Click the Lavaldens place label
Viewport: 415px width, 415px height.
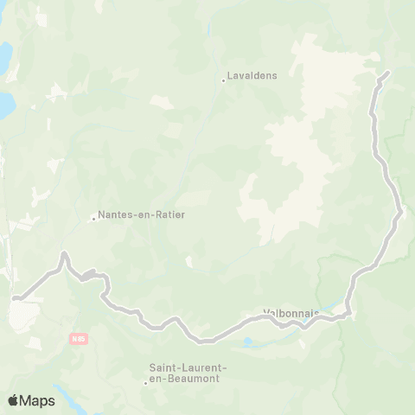(x=252, y=76)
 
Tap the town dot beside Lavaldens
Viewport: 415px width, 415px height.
(x=224, y=80)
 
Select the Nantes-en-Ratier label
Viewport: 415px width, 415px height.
(x=142, y=214)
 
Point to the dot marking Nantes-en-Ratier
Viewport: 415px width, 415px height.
(x=93, y=218)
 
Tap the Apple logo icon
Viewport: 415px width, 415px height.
(x=14, y=400)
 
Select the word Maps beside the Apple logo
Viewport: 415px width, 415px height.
(x=38, y=401)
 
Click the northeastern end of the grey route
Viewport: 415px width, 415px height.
(x=388, y=72)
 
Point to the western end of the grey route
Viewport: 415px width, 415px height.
(x=16, y=299)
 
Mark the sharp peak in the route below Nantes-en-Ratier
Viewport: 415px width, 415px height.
(x=63, y=254)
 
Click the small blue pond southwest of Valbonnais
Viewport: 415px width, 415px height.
(x=249, y=342)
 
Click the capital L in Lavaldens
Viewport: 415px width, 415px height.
(x=230, y=76)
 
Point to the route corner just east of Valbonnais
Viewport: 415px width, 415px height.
(x=348, y=313)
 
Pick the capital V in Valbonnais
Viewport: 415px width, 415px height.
(x=265, y=314)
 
